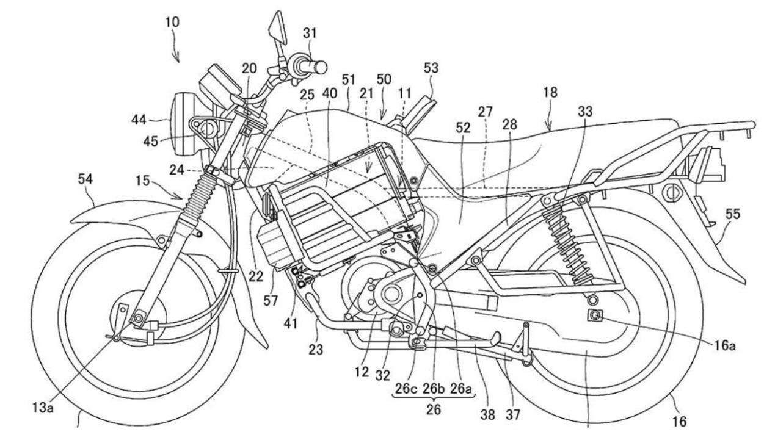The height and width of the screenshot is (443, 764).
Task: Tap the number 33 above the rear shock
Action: click(x=584, y=112)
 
